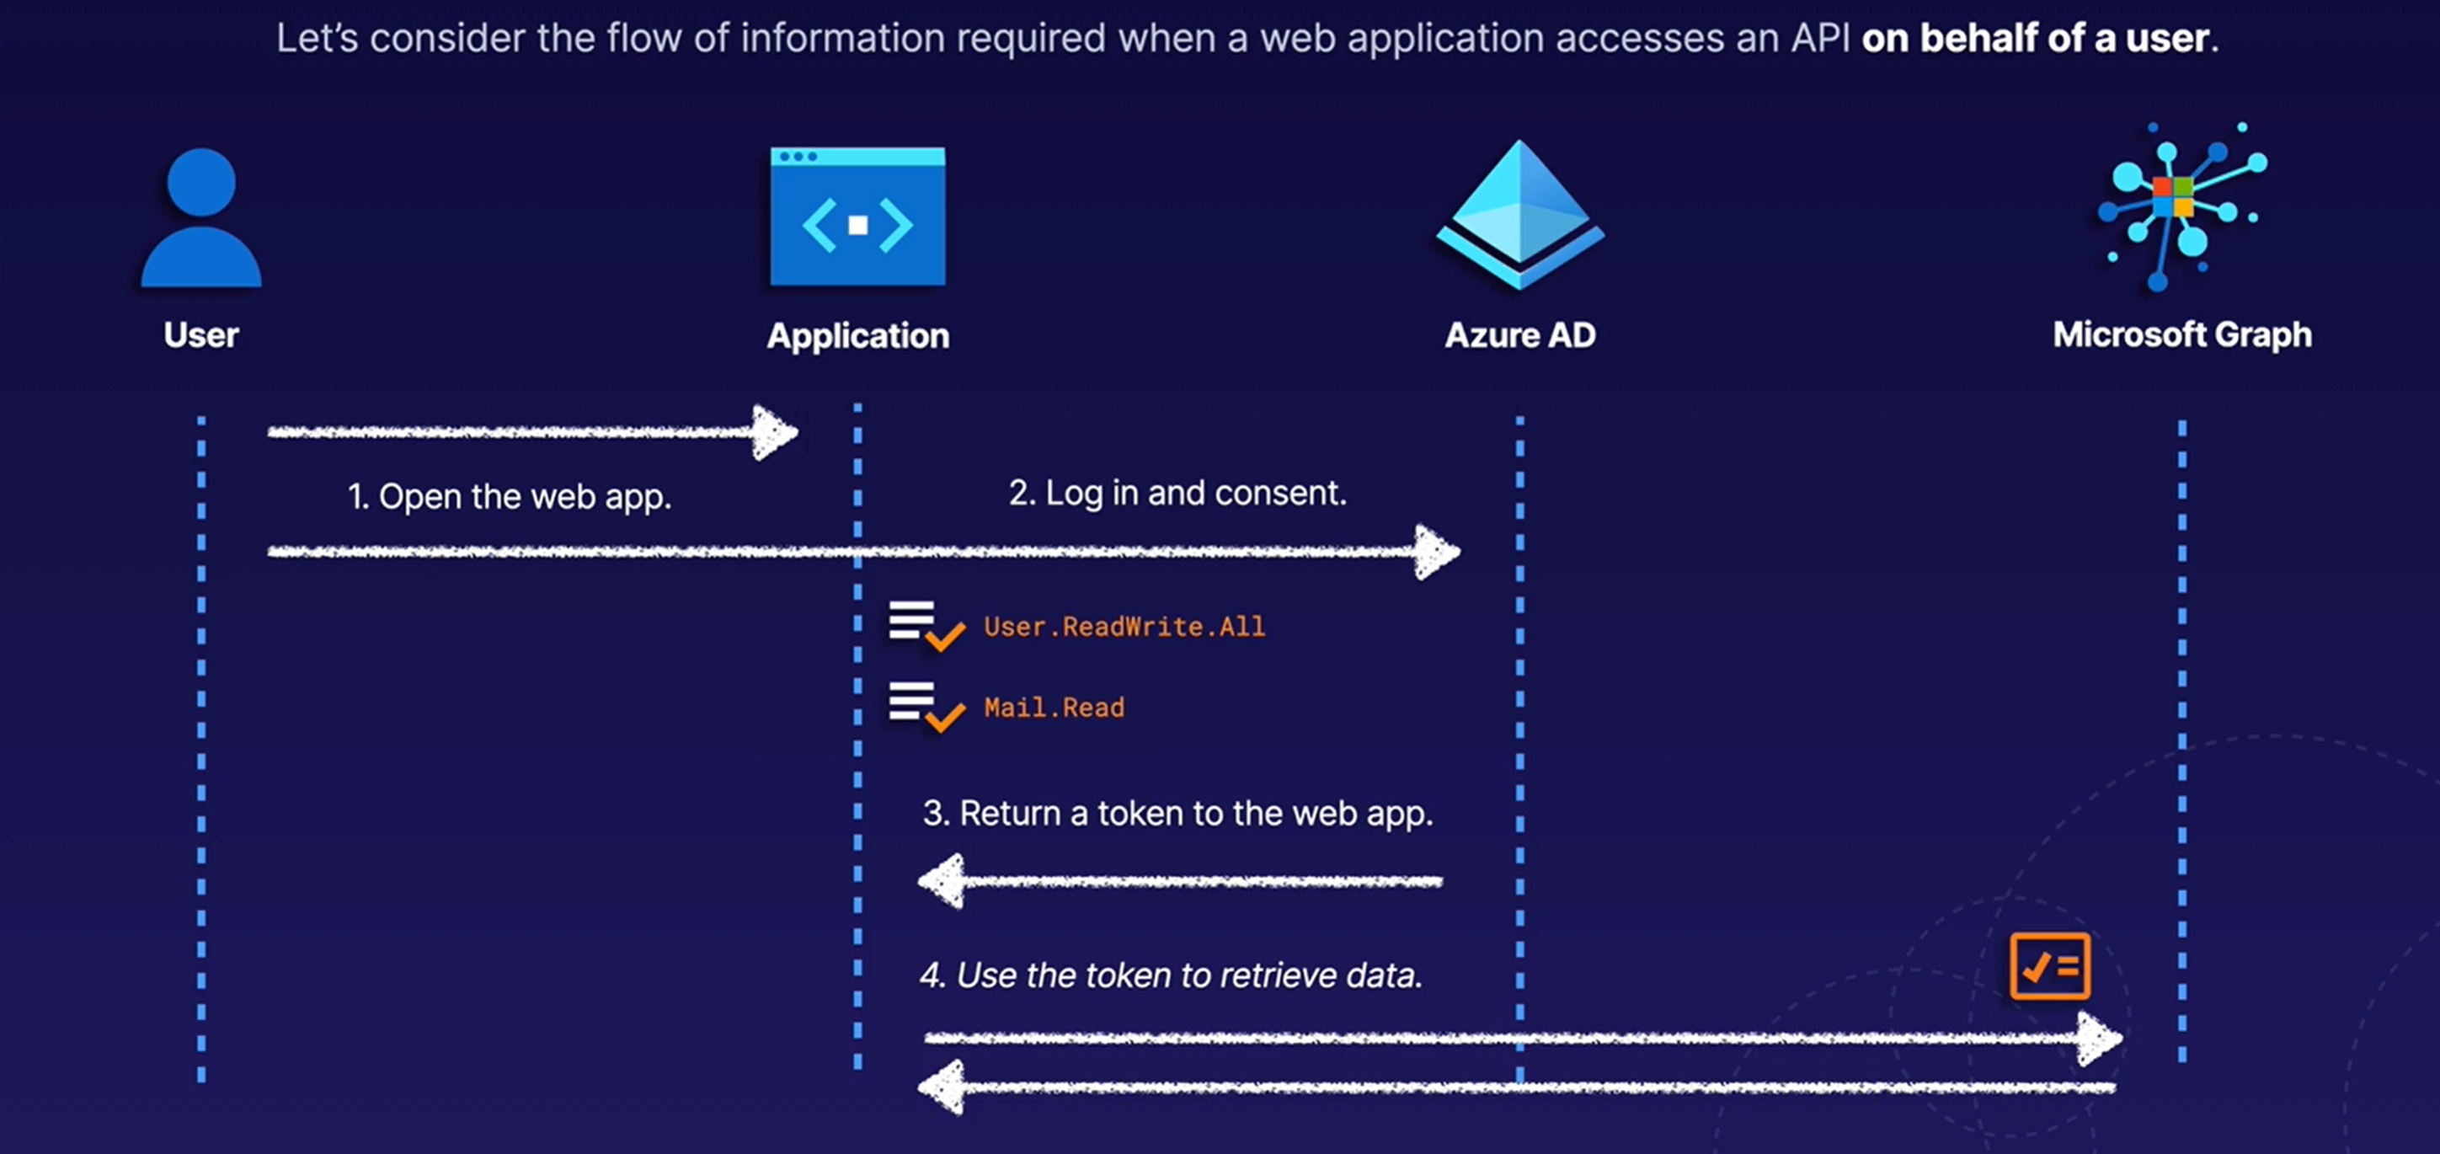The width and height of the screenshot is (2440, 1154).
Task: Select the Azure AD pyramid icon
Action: pyautogui.click(x=1519, y=216)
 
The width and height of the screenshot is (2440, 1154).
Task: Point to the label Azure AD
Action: pyautogui.click(x=1519, y=335)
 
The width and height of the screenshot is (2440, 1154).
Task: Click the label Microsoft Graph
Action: pyautogui.click(x=2181, y=334)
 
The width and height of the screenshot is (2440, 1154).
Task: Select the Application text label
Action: pyautogui.click(x=857, y=335)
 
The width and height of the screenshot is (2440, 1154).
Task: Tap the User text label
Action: pyautogui.click(x=200, y=335)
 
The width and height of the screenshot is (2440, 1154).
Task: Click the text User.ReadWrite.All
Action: pyautogui.click(x=1124, y=626)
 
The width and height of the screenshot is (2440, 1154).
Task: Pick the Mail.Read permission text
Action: pyautogui.click(x=1054, y=707)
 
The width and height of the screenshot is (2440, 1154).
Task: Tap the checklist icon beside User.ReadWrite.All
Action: pyautogui.click(x=926, y=625)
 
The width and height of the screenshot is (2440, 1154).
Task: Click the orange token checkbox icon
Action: pyautogui.click(x=2050, y=966)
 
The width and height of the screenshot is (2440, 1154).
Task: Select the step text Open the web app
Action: pyautogui.click(x=510, y=496)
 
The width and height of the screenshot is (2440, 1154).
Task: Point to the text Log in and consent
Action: pyautogui.click(x=1177, y=493)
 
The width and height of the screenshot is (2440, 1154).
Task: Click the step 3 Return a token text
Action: pyautogui.click(x=1177, y=813)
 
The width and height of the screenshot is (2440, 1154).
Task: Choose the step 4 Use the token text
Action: pyautogui.click(x=1171, y=975)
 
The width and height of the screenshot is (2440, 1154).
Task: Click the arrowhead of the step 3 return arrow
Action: pyautogui.click(x=942, y=881)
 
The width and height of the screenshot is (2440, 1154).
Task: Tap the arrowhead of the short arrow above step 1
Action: pyautogui.click(x=775, y=432)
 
